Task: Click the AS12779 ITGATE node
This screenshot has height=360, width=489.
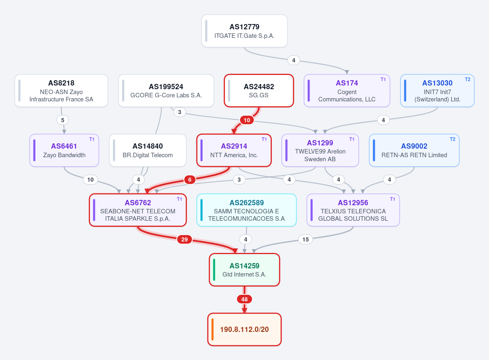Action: coord(244,31)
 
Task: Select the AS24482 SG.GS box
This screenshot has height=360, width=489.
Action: coord(259,90)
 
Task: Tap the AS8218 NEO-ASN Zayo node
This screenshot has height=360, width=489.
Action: coord(62,90)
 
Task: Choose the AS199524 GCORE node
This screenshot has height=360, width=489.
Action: coord(166,90)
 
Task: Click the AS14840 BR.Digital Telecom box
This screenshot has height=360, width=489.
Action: coord(148,150)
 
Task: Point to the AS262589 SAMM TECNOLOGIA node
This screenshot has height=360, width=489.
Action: coord(247,210)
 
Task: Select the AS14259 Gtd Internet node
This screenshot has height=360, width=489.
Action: coord(244,270)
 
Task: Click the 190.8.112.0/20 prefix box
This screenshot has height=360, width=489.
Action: coord(244,329)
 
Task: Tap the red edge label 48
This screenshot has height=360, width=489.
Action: coord(244,299)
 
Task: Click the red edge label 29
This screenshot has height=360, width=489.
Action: coord(185,239)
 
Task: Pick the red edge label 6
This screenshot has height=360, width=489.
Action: coord(190,180)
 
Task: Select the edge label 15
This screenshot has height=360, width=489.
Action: coord(305,239)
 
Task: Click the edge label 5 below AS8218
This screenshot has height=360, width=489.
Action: coord(63,120)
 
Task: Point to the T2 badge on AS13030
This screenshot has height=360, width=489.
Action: coord(468,79)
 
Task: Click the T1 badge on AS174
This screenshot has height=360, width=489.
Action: coord(383,79)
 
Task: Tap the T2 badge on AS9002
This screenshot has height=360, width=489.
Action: coord(453,139)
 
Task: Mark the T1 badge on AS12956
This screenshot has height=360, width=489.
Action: coord(392,199)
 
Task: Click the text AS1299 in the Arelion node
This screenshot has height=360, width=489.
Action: coord(320,143)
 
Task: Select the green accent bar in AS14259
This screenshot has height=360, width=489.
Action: coord(214,270)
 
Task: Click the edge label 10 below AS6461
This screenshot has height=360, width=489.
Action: coord(90,180)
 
